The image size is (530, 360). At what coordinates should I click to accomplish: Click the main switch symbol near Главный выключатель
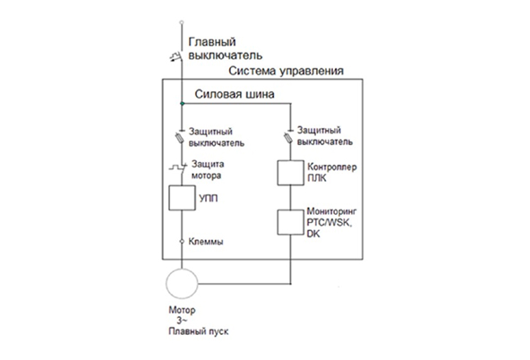pos(176,56)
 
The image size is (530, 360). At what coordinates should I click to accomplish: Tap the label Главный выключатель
pos(225,48)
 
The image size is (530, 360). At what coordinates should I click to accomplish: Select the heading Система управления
pos(286,71)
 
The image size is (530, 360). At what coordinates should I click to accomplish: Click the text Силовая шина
pos(235,94)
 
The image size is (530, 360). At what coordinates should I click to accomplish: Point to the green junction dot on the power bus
pos(182,104)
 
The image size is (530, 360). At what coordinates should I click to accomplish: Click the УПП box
pos(182,198)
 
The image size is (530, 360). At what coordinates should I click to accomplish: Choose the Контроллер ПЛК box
pos(291,173)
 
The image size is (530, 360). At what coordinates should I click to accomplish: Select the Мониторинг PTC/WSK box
pos(291,222)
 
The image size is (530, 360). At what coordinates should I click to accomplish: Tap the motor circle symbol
pos(182,284)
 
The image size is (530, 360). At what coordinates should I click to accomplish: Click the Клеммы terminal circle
pos(182,242)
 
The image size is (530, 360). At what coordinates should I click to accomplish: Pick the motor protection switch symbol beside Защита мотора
pos(178,167)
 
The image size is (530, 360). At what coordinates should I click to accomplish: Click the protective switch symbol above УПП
pos(179,137)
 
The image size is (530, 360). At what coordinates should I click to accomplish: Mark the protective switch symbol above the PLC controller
pos(288,136)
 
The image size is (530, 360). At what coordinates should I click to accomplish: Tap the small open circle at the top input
pos(182,22)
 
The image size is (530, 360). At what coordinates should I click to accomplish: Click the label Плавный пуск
pos(199,331)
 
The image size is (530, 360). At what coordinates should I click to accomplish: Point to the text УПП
pos(209,198)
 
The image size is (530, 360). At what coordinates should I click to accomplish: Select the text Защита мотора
pos(208,169)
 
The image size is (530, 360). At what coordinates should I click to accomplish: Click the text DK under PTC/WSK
pos(313,234)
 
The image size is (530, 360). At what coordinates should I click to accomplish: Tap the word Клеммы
pos(206,242)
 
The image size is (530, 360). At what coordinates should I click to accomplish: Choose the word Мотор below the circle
pos(182,310)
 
